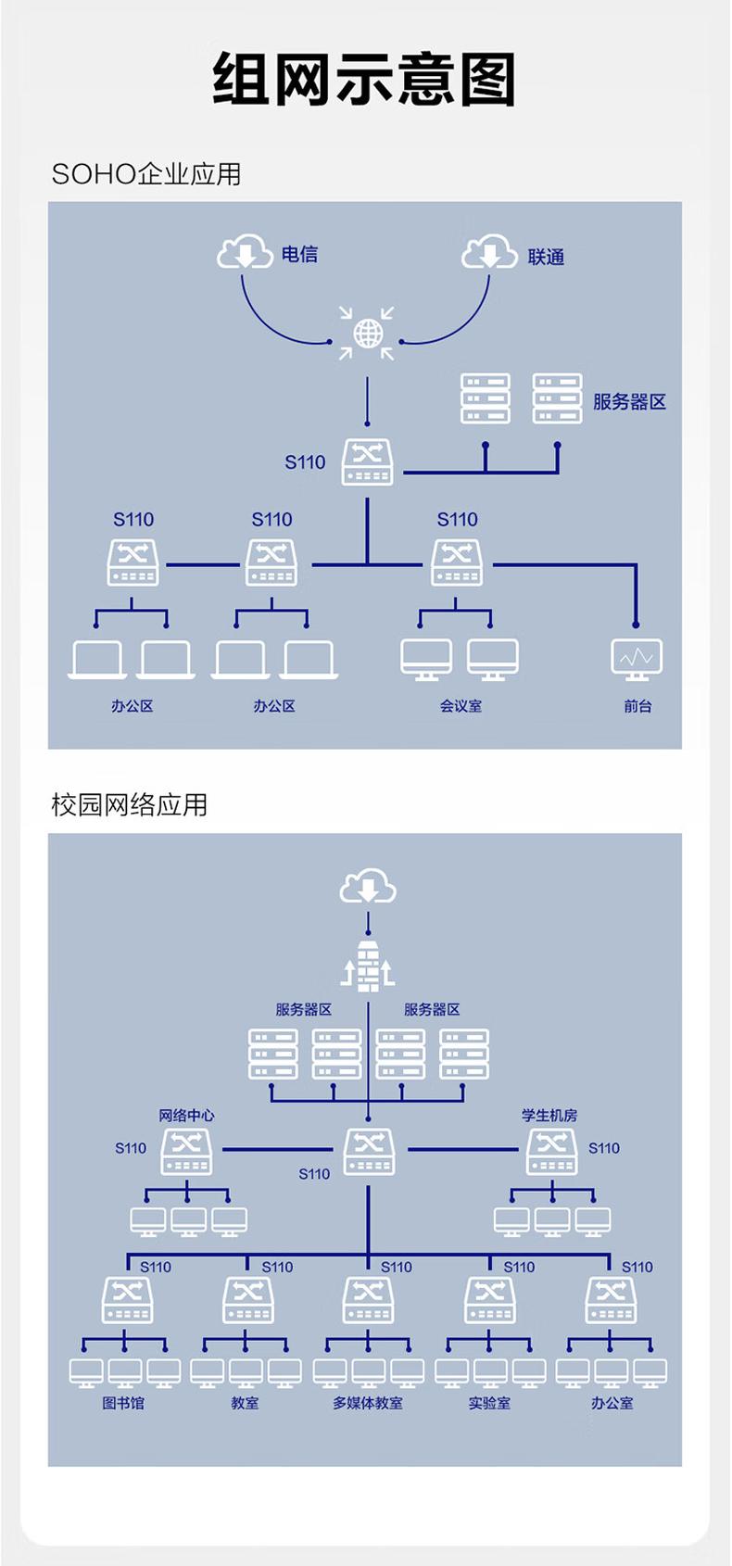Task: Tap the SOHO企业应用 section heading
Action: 146,174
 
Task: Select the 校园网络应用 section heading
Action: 130,804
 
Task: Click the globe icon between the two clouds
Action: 368,333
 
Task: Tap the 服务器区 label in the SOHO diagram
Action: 629,402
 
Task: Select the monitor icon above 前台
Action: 637,659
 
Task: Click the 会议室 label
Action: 461,706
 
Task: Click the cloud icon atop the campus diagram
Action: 368,887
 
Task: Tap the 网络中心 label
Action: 186,1116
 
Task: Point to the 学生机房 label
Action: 549,1116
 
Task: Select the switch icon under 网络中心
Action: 186,1152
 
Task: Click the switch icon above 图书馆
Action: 127,1300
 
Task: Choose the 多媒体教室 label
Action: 368,1403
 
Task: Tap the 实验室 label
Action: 489,1403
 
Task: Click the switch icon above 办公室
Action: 611,1300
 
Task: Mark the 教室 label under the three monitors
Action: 245,1403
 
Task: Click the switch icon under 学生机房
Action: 551,1152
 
